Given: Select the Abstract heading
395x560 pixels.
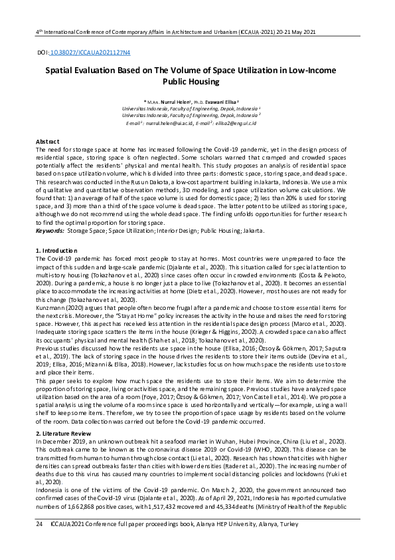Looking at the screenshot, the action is [47, 142].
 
